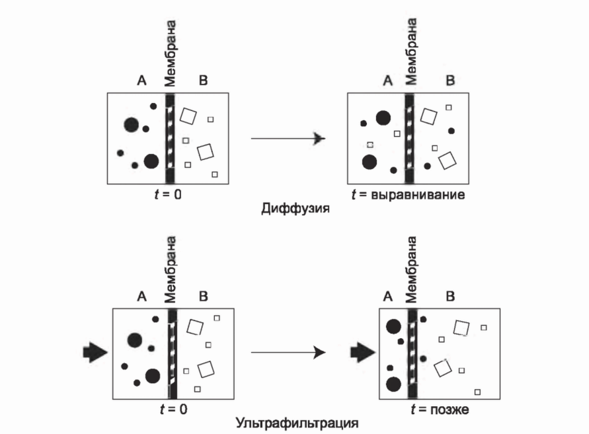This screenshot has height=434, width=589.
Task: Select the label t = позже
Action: tap(440, 410)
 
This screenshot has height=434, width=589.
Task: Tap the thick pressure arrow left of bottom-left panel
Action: tap(95, 352)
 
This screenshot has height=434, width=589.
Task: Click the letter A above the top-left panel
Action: tap(141, 81)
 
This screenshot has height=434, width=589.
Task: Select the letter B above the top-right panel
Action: tap(450, 81)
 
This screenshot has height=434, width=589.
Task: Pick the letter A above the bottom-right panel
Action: tap(387, 297)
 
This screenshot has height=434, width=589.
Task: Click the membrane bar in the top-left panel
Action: tap(171, 138)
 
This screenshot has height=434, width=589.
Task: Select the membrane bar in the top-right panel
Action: tap(409, 138)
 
